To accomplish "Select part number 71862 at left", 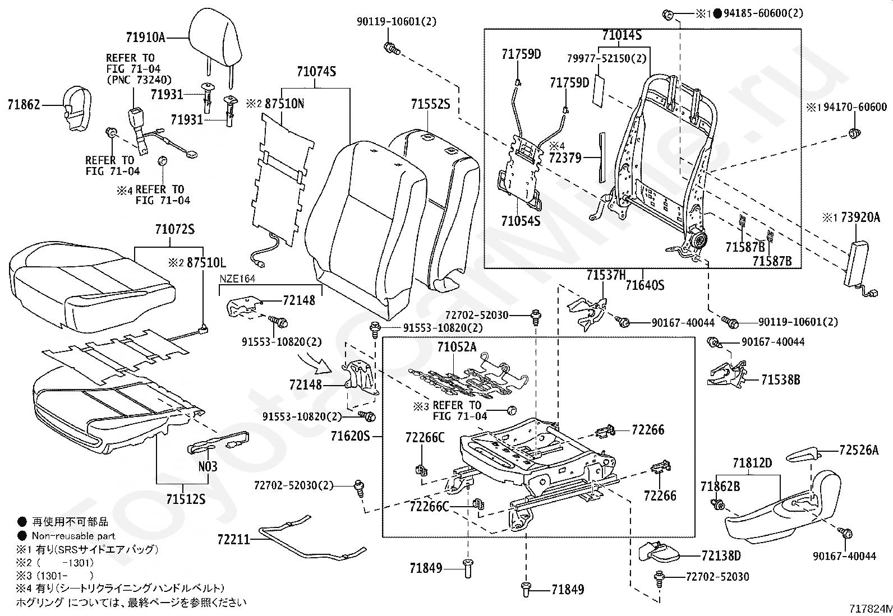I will coord(24,105).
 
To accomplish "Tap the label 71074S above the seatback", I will coord(316,72).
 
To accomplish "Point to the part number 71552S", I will coord(430,105).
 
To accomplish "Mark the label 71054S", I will coord(521,221).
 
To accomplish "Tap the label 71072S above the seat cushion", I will coord(174,230).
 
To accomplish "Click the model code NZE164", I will coord(237,279).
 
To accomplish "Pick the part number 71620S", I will coord(351,436).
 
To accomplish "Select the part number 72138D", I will coord(721,555).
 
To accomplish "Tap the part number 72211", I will coord(233,539).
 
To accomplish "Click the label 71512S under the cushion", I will coord(186,498).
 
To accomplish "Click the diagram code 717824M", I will coord(869,609).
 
